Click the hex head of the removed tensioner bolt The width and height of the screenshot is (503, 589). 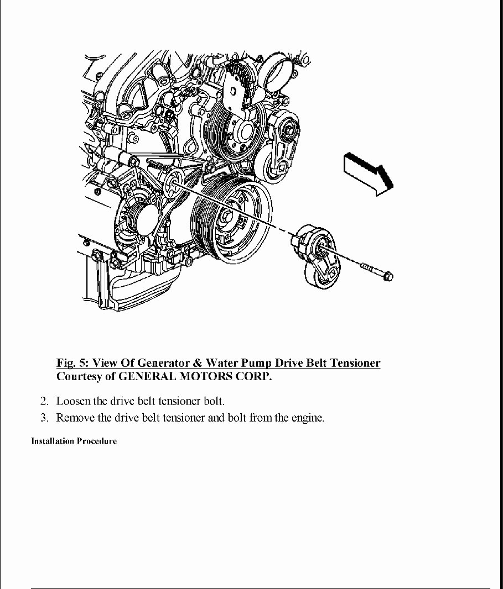click(387, 275)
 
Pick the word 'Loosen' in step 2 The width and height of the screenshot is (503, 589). click(73, 401)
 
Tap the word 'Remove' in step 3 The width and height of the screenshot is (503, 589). click(75, 418)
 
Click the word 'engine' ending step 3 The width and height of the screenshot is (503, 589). click(307, 418)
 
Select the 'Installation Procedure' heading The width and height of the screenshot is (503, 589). click(74, 441)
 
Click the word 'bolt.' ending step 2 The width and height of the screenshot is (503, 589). click(214, 401)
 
